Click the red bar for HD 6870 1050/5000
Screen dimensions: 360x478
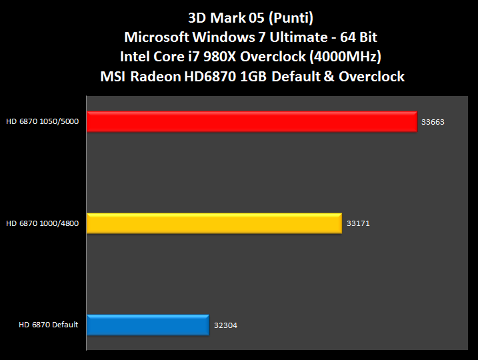251,122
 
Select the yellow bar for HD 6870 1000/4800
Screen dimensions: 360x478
214,223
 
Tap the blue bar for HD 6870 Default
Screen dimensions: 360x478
148,325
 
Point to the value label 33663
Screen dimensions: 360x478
433,123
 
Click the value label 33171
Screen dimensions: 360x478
358,224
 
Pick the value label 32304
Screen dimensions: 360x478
225,325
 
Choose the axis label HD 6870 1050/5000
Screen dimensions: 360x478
43,122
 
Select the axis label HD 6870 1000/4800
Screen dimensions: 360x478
43,223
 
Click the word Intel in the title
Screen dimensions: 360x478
137,57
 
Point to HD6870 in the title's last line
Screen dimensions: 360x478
212,77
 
